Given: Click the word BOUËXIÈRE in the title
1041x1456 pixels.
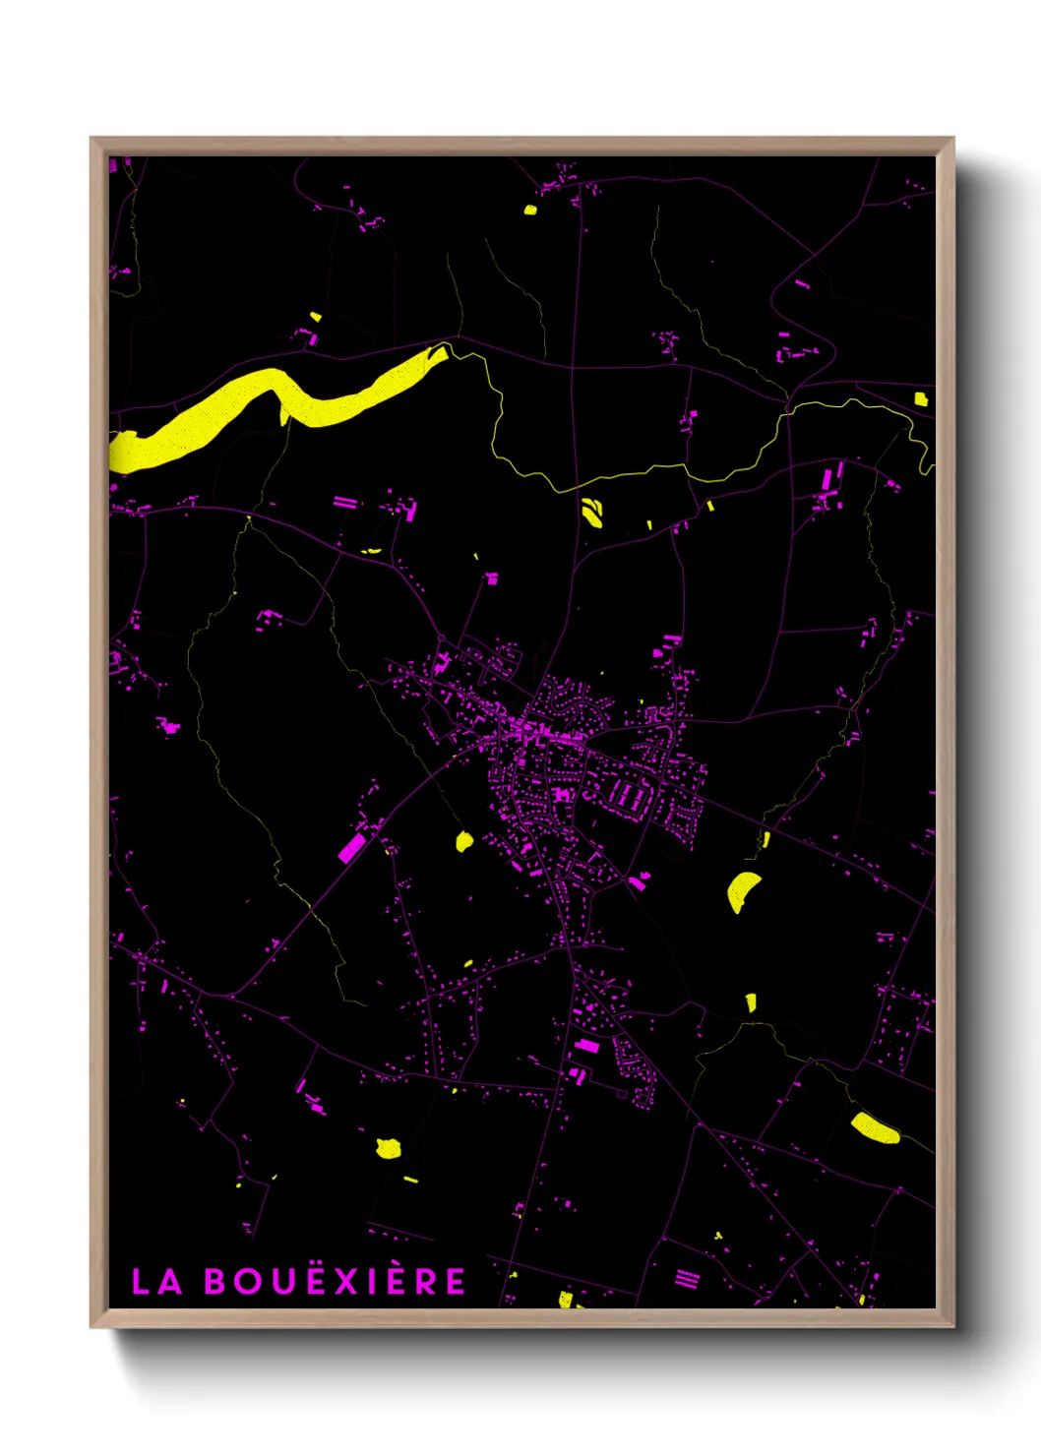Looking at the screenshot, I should [336, 1281].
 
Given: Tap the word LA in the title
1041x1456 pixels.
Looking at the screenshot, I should [157, 1282].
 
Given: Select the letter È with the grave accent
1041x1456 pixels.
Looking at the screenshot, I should [419, 1280].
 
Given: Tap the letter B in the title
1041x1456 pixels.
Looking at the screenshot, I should [215, 1282].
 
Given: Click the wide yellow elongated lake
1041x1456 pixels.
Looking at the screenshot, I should [266, 403].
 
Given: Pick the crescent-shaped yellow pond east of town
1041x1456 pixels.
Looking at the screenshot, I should [742, 890].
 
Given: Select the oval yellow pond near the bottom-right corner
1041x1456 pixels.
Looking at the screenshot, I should [874, 1127].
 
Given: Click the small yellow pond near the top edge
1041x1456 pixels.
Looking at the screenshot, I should [530, 209].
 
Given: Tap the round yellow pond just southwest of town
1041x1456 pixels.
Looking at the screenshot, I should [464, 841].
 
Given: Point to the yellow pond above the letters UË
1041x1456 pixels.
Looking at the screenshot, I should [389, 1148].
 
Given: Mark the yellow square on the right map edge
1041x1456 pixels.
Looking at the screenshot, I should [920, 398].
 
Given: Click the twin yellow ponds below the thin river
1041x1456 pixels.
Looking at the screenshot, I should [592, 513].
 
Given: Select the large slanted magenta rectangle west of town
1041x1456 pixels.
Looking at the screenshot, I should [351, 846].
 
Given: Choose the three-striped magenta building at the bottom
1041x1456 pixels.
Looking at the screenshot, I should [687, 1279].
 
